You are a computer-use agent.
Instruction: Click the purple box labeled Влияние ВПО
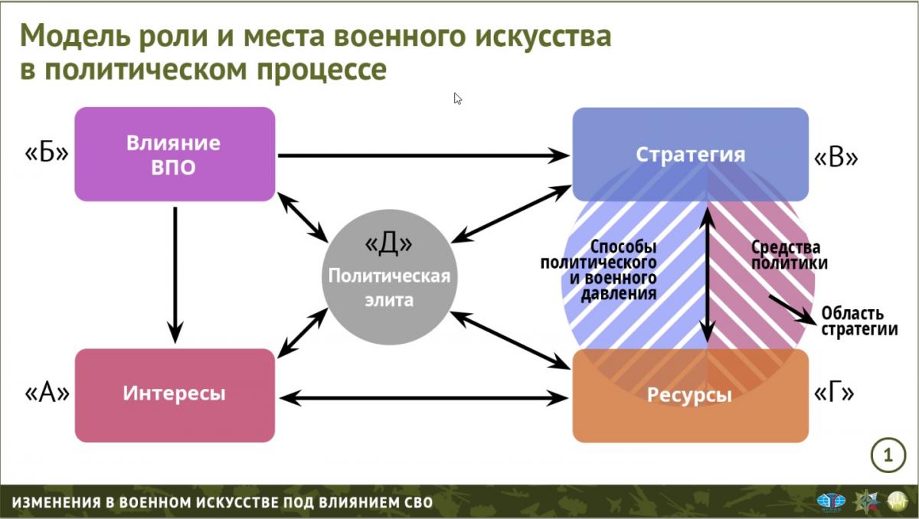point(175,154)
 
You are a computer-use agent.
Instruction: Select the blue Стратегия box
point(691,154)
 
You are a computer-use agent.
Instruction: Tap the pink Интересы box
point(175,395)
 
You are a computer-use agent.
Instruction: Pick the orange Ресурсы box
point(691,396)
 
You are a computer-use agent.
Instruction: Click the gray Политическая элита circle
point(389,277)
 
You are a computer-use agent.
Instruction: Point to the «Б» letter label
point(47,153)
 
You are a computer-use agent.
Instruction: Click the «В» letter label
point(836,158)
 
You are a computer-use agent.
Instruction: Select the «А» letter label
point(47,393)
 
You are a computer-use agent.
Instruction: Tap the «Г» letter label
point(834,393)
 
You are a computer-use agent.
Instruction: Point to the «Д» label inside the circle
point(388,243)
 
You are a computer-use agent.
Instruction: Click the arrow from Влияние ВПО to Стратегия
point(424,156)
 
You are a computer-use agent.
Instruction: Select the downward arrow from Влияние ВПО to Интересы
point(175,275)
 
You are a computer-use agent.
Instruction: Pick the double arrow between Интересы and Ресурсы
point(424,398)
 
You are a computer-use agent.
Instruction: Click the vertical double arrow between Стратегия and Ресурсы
point(708,275)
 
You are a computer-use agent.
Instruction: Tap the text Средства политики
point(790,255)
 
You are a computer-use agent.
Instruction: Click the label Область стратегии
point(859,322)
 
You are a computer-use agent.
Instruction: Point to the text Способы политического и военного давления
point(599,270)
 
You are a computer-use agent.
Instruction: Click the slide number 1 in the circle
point(888,455)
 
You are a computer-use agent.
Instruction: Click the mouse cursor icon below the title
point(458,99)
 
